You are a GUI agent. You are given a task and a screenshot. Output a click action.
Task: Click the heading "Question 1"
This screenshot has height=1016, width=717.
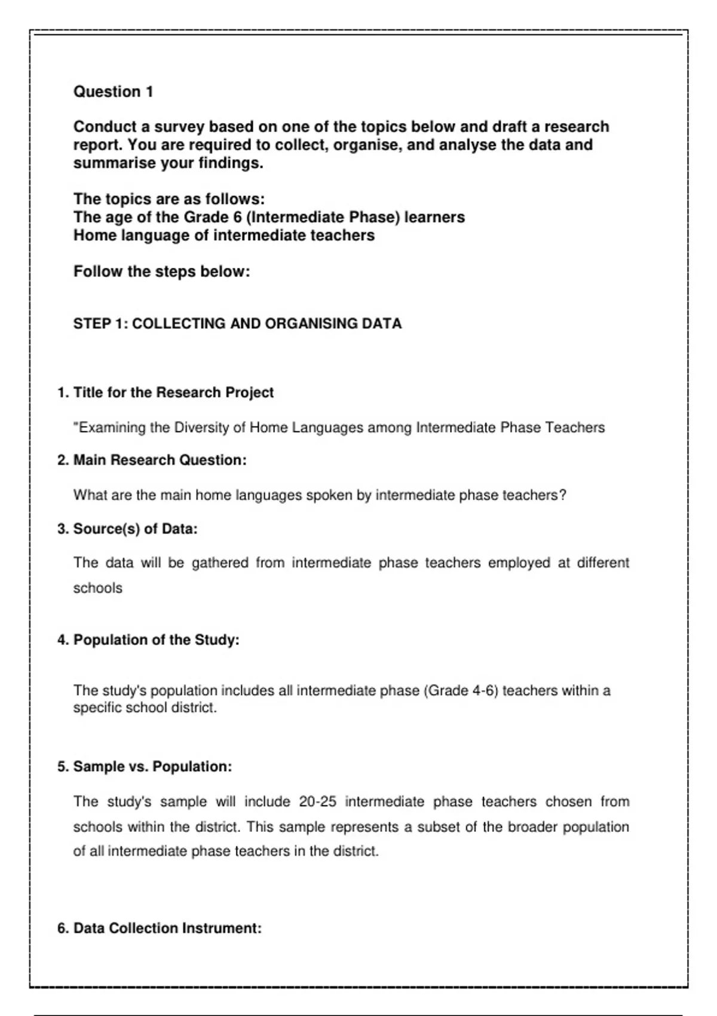pos(113,92)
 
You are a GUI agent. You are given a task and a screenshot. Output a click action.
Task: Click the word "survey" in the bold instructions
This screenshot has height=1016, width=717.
pos(179,127)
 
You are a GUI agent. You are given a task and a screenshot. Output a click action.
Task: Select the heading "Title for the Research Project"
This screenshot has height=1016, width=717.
pos(173,393)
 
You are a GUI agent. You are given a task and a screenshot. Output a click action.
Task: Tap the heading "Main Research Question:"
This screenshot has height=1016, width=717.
pos(160,460)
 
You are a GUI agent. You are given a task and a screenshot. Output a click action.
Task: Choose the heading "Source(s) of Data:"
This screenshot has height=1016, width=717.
pos(135,529)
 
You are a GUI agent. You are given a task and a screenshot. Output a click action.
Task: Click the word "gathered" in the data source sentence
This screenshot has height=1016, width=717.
pos(220,563)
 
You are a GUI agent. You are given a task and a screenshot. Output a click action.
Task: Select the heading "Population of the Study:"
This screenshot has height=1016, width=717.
pos(156,640)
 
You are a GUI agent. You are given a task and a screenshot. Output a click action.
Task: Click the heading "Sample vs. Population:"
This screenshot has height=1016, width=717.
pos(152,767)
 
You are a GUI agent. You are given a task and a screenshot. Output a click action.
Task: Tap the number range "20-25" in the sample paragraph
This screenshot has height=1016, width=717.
pos(318,802)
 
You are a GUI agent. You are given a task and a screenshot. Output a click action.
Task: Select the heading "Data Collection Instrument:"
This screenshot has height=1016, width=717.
pos(167,928)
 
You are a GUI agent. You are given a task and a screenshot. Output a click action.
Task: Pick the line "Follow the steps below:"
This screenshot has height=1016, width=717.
pos(161,272)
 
